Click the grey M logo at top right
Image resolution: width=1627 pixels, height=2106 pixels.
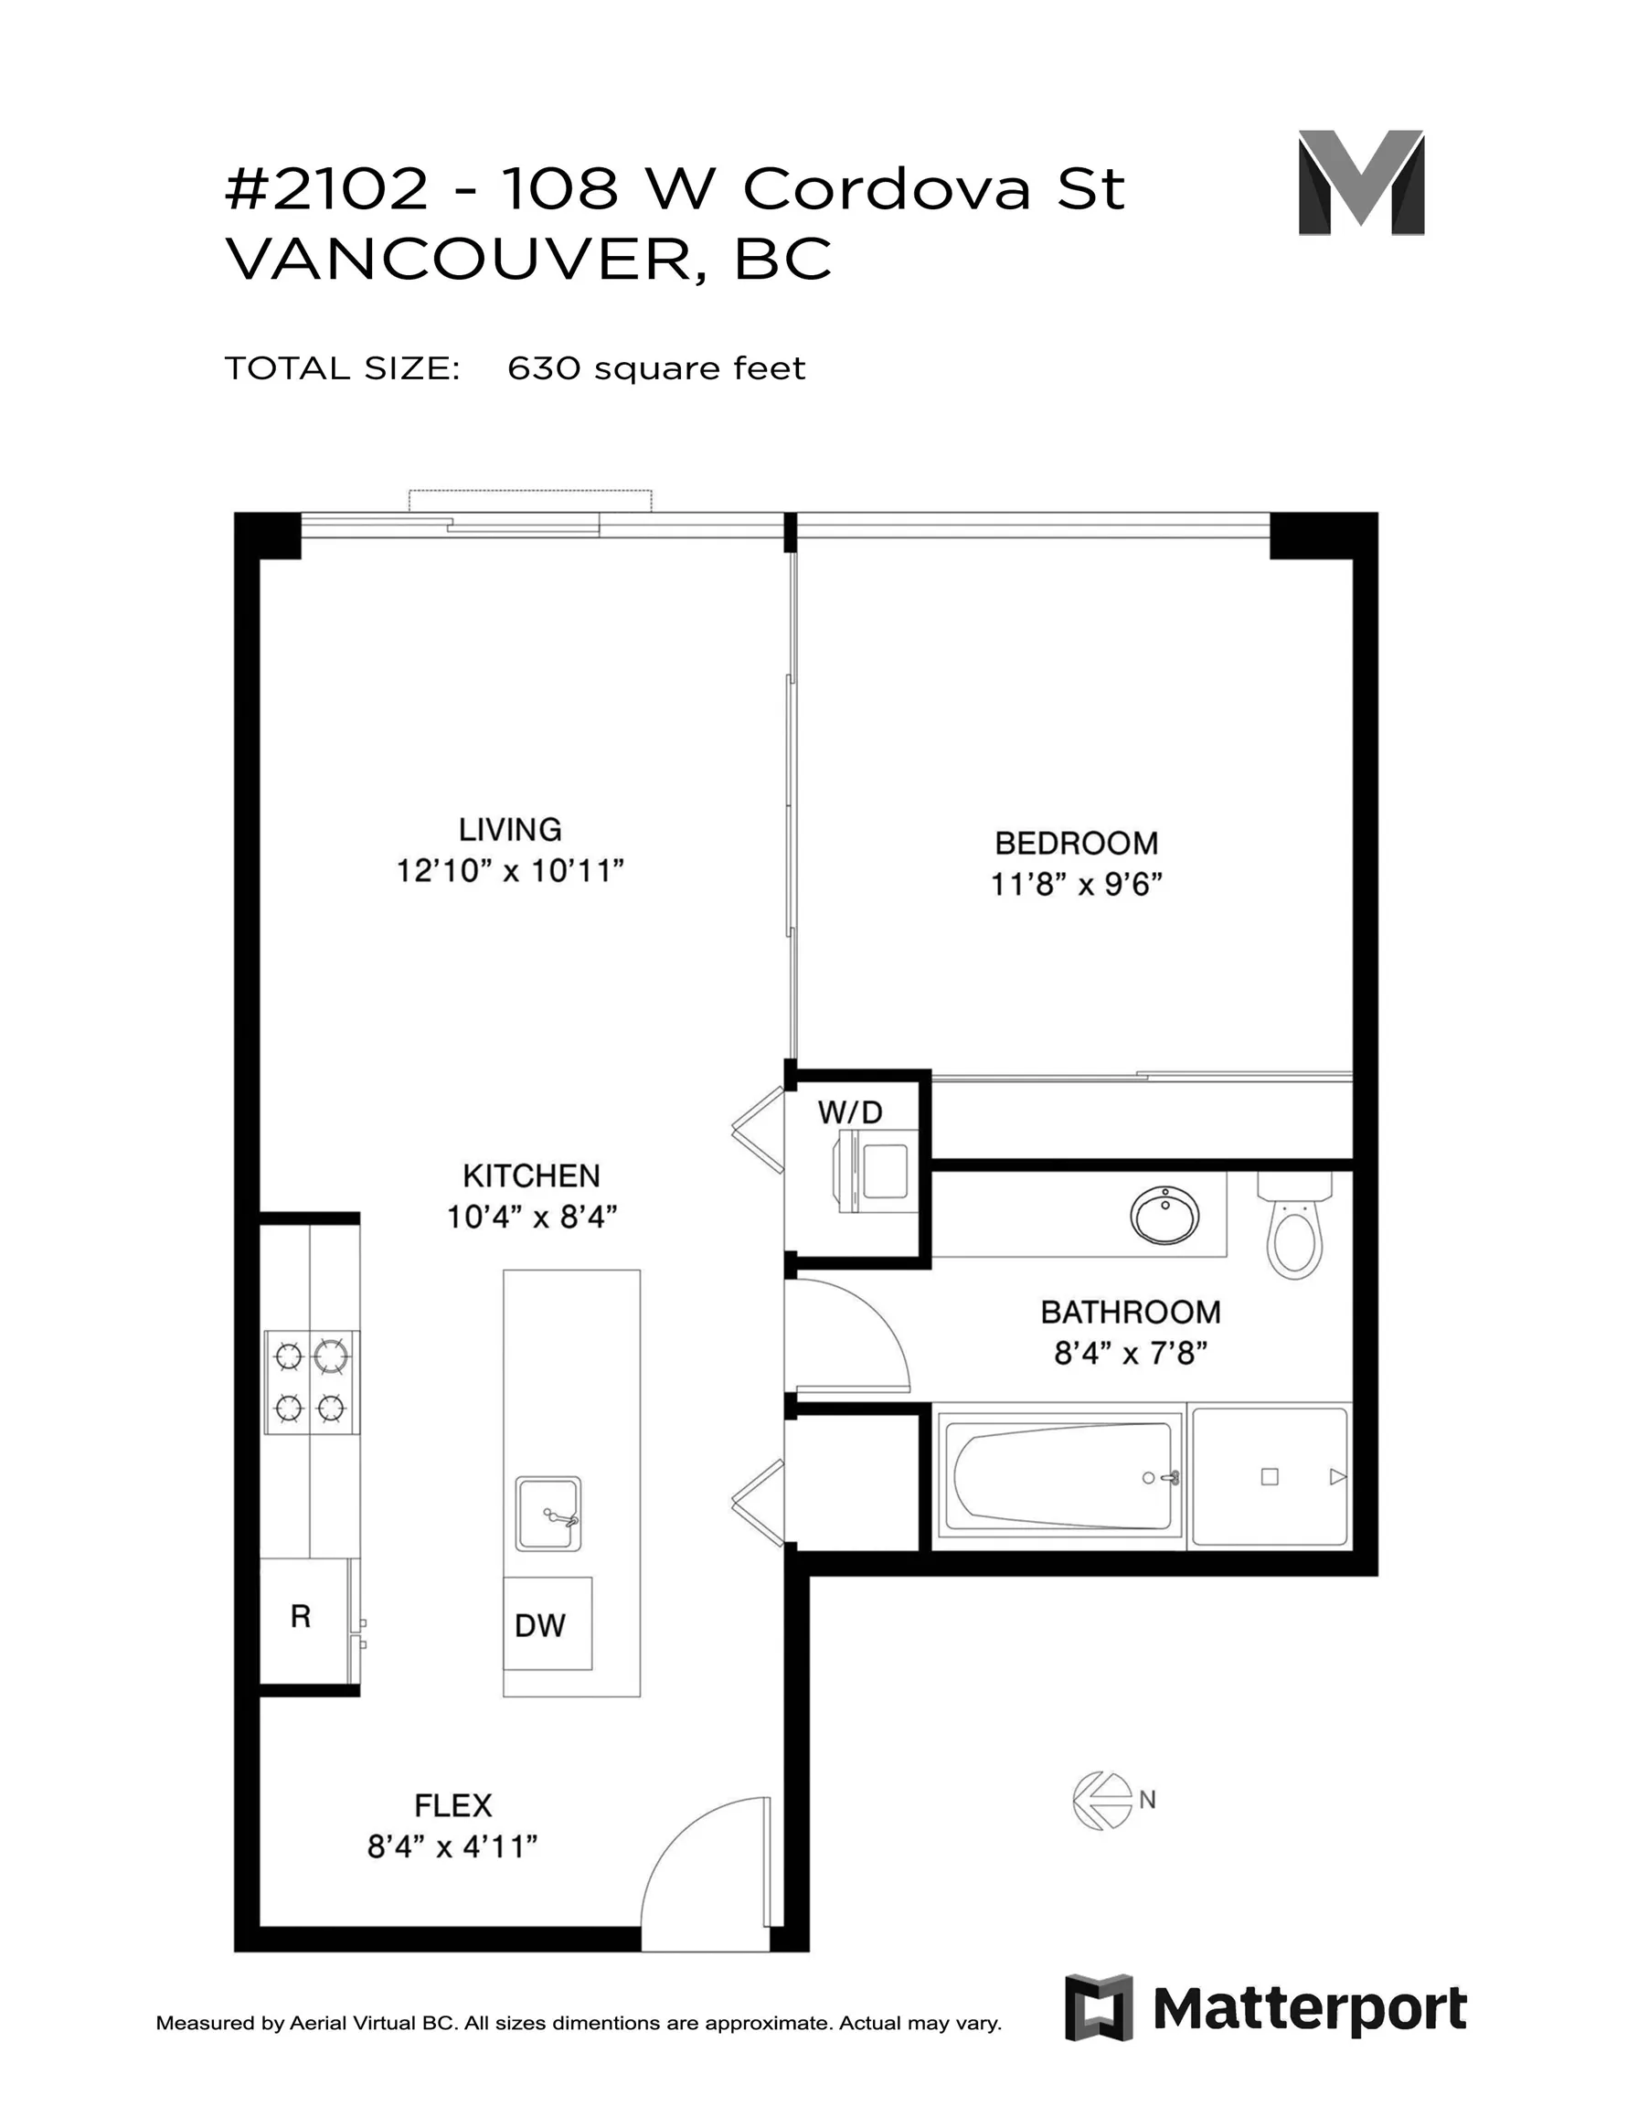pos(1361,182)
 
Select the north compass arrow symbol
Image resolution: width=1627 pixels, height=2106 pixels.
pos(1103,1800)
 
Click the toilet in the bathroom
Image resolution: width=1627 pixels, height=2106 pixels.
pos(1294,1225)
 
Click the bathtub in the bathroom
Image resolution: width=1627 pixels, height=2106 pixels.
pos(1061,1477)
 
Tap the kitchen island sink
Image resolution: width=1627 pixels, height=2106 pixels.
pos(548,1513)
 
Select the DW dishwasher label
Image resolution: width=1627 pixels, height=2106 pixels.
pos(540,1626)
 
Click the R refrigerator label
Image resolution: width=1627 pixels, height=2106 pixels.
pos(301,1616)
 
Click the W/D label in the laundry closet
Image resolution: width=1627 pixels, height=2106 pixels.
pos(850,1112)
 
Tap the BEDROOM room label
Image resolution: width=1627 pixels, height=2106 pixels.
pos(1077,844)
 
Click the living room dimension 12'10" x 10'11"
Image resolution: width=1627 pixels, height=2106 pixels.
pos(510,872)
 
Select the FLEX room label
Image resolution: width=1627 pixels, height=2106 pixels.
pos(453,1805)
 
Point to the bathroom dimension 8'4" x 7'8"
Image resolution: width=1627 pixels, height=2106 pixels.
pos(1131,1354)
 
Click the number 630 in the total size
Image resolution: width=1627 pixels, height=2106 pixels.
pos(545,368)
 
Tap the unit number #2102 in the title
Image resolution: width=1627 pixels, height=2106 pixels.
pos(326,188)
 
